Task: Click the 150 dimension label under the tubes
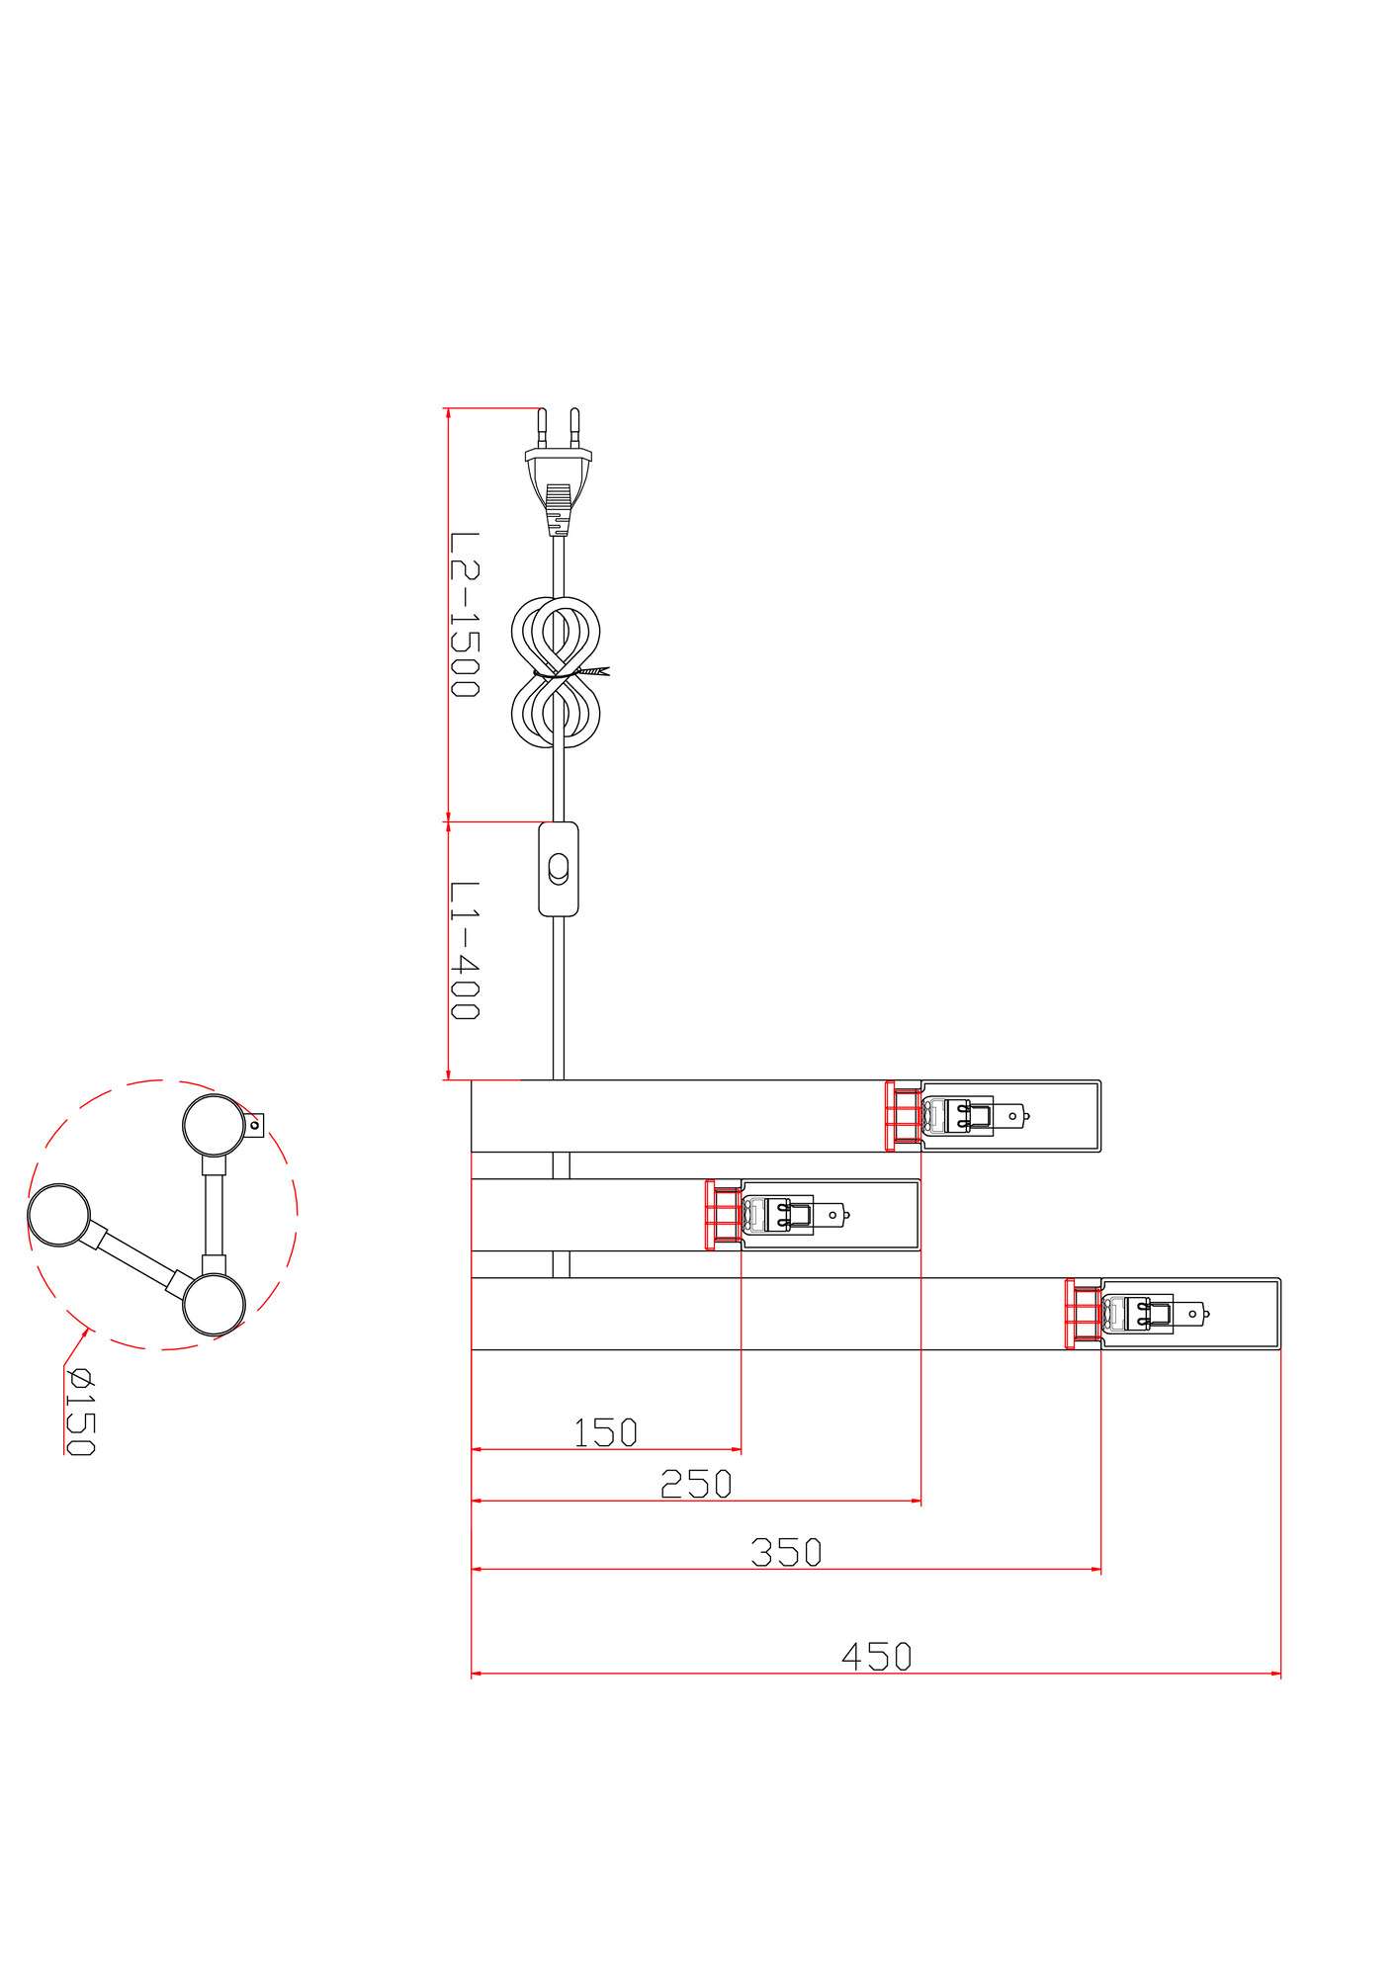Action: click(x=606, y=1432)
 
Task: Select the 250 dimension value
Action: click(x=696, y=1484)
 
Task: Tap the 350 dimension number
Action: click(x=786, y=1552)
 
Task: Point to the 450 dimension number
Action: click(x=876, y=1656)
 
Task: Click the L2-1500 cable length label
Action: click(x=464, y=615)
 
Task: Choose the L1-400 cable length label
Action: click(x=464, y=951)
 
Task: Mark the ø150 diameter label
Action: click(x=79, y=1412)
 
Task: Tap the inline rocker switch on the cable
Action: click(x=559, y=868)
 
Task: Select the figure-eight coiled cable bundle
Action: click(x=559, y=673)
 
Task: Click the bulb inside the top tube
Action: click(x=977, y=1116)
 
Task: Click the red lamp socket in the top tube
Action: click(x=903, y=1116)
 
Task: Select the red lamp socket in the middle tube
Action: click(x=724, y=1215)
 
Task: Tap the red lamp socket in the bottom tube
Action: click(x=1084, y=1314)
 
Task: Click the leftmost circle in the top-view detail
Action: click(x=59, y=1216)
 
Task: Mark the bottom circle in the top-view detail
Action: click(x=213, y=1305)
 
